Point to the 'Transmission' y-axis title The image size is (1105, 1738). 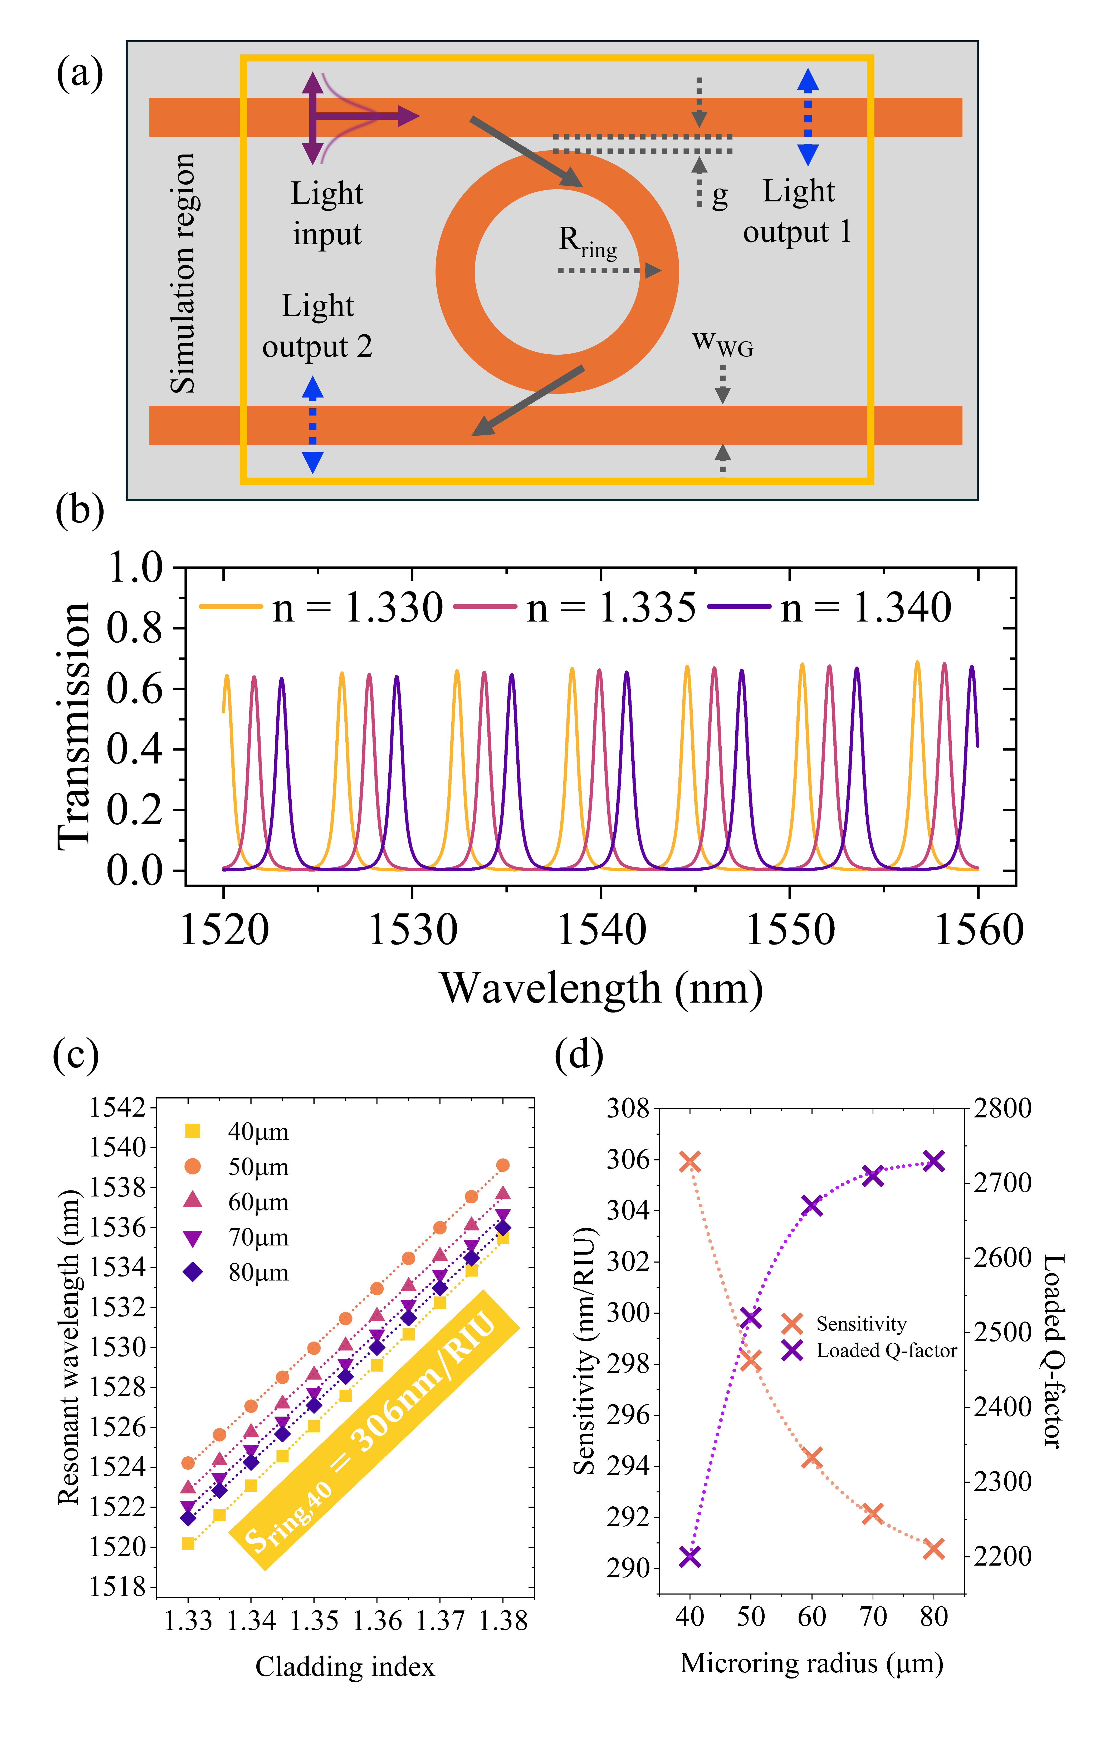pos(74,725)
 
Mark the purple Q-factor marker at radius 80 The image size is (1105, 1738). pos(934,1161)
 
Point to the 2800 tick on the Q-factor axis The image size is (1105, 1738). pos(1003,1108)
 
